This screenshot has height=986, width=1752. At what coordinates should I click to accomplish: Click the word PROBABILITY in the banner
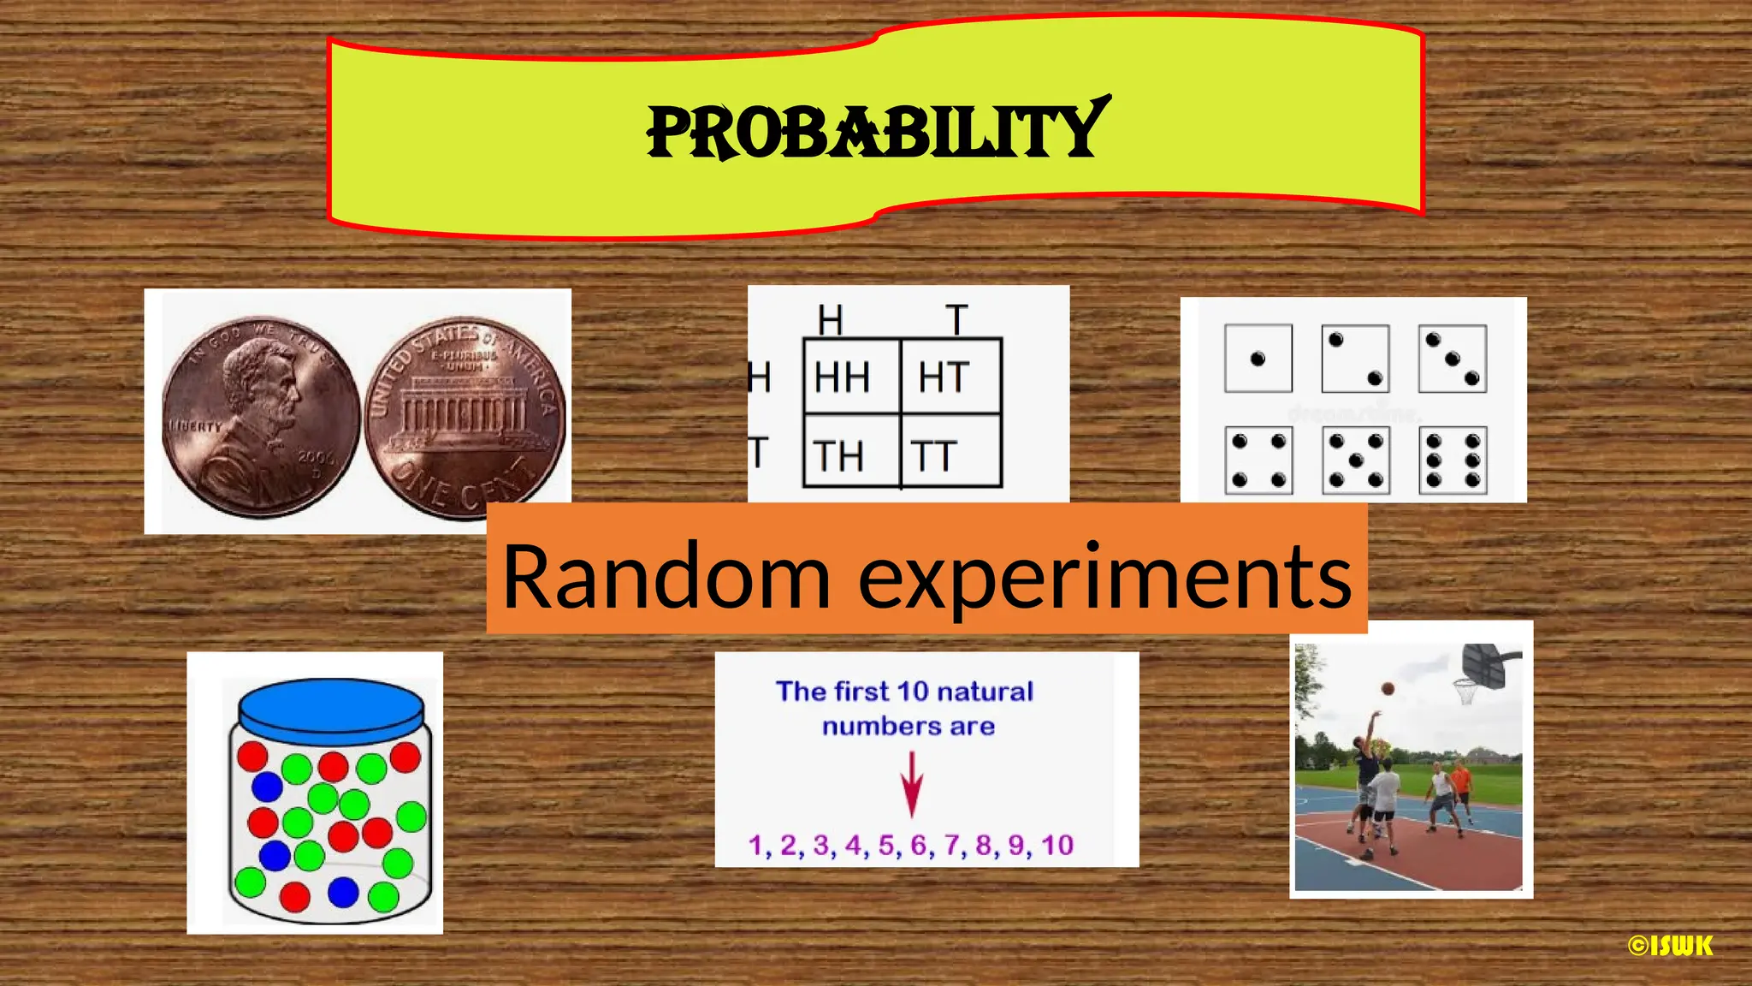point(878,131)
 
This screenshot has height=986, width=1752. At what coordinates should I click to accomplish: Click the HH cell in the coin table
point(843,377)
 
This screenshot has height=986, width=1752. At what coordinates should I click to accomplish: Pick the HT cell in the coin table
point(944,377)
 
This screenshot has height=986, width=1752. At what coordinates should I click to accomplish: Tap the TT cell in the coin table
point(933,456)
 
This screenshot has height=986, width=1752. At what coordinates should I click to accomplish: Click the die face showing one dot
point(1258,359)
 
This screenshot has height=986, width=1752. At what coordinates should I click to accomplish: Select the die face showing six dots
point(1453,461)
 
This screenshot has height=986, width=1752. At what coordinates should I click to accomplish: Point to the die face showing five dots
point(1355,461)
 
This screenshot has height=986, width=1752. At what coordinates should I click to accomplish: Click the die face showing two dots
point(1355,359)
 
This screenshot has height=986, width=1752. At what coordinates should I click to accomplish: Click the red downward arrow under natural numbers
point(912,784)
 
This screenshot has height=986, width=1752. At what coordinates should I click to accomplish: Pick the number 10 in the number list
point(1057,846)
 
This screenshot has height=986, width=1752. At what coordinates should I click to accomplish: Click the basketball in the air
point(1388,688)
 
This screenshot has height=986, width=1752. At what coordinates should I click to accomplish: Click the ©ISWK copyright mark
point(1670,946)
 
